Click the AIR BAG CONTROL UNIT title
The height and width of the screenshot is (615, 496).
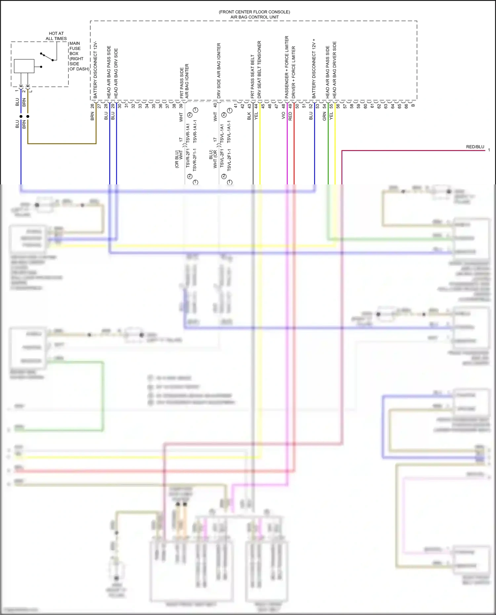[x=254, y=17]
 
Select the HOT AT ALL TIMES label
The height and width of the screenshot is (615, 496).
[x=56, y=36]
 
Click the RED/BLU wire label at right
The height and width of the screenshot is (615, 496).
[x=475, y=147]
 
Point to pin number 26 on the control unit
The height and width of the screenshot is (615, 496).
[x=92, y=106]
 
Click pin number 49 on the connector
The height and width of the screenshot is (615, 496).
[x=290, y=106]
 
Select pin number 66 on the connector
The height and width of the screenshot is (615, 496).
[x=406, y=106]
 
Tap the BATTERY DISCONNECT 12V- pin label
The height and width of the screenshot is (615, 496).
[x=96, y=70]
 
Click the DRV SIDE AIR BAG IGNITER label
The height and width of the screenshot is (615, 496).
[x=219, y=70]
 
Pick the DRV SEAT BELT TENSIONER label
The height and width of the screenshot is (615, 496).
[x=259, y=69]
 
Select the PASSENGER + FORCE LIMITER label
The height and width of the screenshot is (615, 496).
[x=287, y=67]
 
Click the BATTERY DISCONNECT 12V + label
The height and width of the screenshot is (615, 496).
[x=314, y=68]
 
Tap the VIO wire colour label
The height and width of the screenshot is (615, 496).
[x=283, y=115]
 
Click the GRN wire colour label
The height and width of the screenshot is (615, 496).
[x=324, y=116]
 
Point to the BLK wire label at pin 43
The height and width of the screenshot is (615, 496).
[x=249, y=116]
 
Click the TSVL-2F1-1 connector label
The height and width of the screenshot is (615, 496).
[x=229, y=160]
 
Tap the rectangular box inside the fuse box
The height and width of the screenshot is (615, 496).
[x=24, y=66]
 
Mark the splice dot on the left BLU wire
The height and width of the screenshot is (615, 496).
[x=21, y=116]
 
